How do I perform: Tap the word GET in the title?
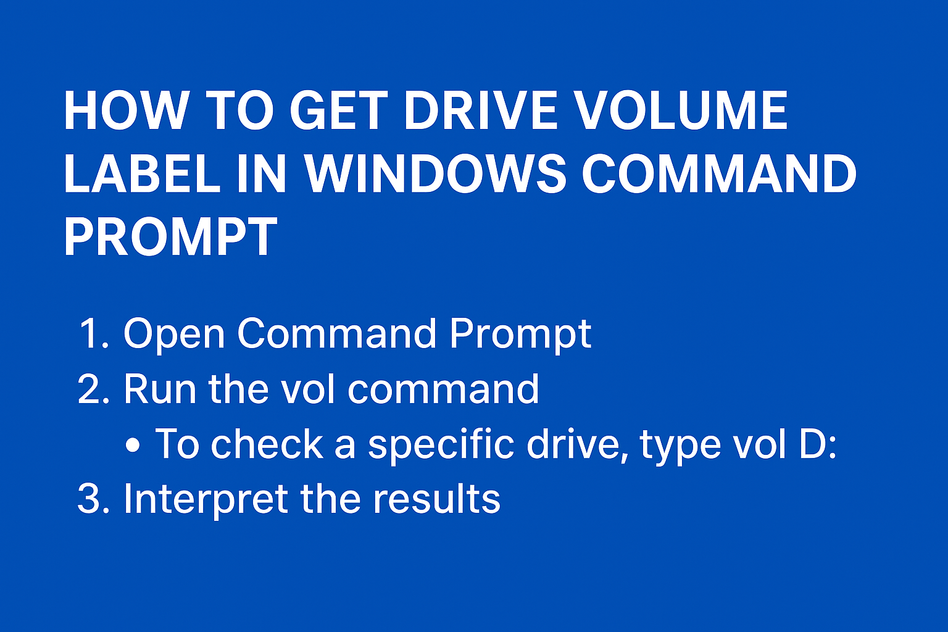click(x=337, y=111)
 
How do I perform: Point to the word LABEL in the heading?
click(x=142, y=173)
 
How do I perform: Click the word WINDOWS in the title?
click(x=436, y=173)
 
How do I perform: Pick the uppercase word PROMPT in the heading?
click(x=170, y=236)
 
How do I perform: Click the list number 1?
click(x=93, y=334)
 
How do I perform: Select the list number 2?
click(x=93, y=389)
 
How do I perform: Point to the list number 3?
click(x=93, y=499)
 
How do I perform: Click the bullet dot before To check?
click(x=132, y=445)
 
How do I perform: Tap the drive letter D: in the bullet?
click(x=818, y=444)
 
